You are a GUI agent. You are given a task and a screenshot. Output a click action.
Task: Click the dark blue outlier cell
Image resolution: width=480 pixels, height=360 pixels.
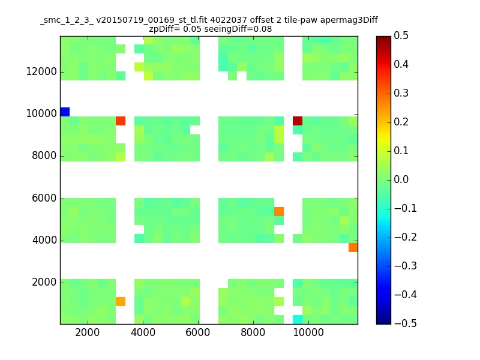(65, 112)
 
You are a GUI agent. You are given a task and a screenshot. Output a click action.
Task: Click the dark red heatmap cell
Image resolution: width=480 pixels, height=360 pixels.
(298, 121)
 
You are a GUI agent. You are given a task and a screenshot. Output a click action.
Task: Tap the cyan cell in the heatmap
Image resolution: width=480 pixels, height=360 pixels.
(298, 319)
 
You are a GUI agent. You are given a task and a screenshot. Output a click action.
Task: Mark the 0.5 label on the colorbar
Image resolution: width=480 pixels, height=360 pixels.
(401, 35)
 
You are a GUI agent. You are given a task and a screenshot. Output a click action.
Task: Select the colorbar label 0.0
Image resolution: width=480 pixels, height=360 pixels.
(401, 179)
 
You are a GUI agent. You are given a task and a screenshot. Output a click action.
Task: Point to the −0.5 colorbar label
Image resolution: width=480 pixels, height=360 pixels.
(399, 323)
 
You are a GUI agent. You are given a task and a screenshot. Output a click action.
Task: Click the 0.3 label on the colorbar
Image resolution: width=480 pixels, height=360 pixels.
(401, 93)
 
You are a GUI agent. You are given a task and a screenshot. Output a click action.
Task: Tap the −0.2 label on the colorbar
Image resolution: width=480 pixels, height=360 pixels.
(399, 237)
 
